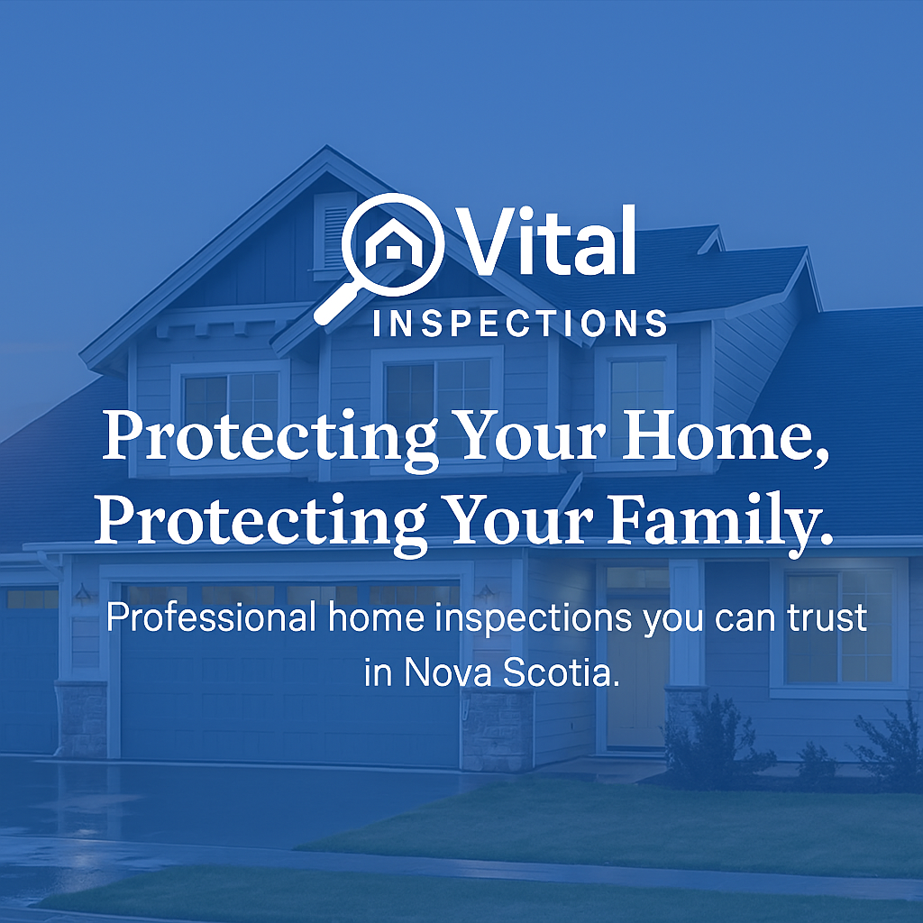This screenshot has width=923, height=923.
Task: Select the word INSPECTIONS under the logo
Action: pos(519,323)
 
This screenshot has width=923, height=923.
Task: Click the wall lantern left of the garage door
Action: pos(83,593)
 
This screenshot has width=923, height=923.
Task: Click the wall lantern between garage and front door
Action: pos(486,593)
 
